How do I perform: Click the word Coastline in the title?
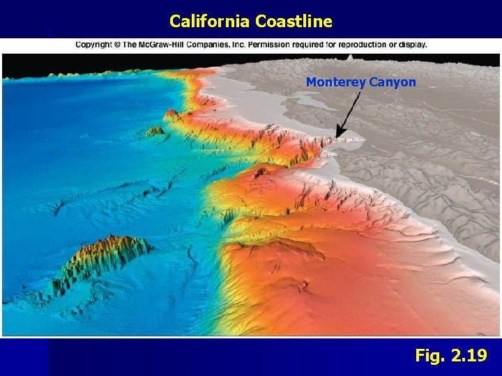click(294, 22)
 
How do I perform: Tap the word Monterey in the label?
click(334, 83)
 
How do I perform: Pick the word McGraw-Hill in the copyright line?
click(170, 45)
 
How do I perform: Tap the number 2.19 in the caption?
click(469, 356)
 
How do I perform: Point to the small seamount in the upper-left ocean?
click(154, 130)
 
